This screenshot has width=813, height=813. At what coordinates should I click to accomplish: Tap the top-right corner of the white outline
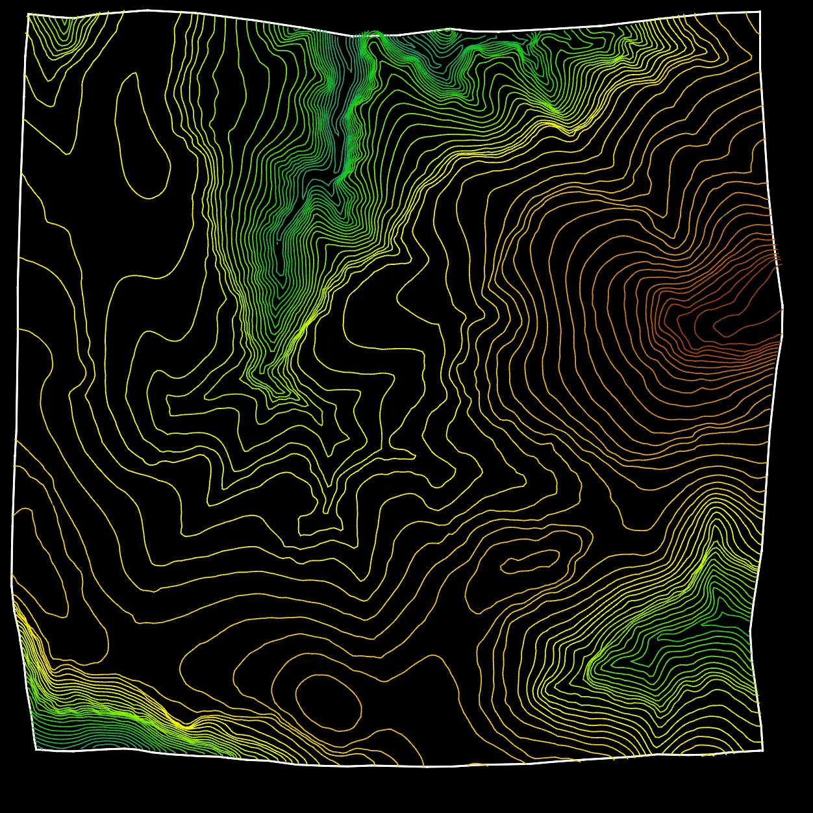(760, 12)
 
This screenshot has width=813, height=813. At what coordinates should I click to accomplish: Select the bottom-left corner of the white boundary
(36, 749)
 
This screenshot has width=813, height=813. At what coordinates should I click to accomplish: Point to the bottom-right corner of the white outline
(762, 750)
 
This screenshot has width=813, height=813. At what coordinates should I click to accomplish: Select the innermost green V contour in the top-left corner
(66, 29)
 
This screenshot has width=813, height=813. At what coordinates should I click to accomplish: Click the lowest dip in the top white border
(354, 36)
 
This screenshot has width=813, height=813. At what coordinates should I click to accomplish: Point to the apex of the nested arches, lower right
(715, 513)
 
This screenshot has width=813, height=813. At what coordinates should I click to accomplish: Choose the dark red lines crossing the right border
(776, 260)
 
